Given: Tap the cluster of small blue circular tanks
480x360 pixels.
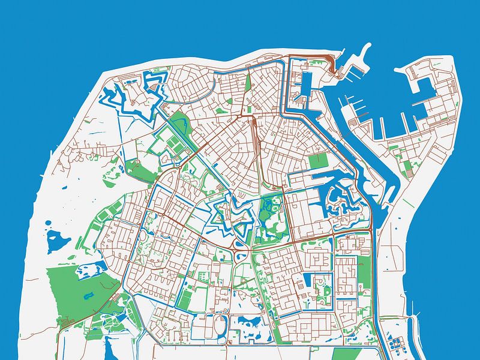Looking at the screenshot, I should click(x=396, y=344).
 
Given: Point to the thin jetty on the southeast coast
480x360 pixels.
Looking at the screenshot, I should click(x=413, y=312).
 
